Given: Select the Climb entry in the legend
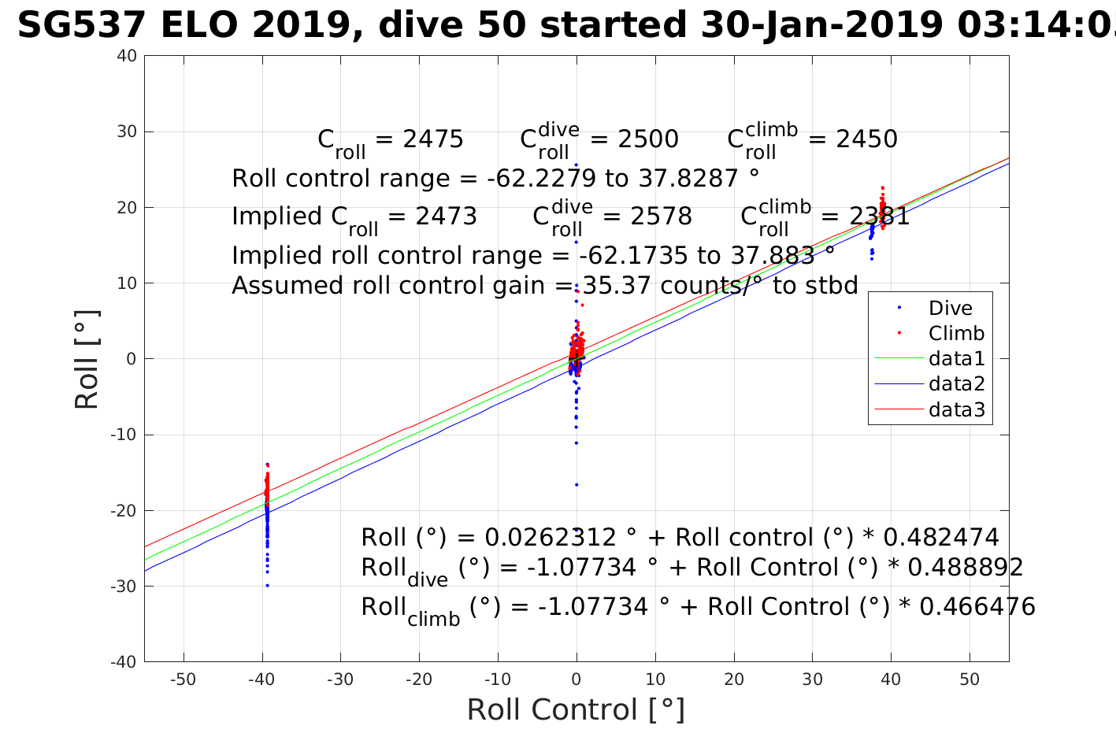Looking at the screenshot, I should (x=956, y=334).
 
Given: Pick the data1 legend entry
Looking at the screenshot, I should (x=956, y=359).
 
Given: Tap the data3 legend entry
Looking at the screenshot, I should (x=956, y=409).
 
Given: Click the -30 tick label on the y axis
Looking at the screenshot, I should (x=124, y=587).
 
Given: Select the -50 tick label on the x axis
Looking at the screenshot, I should (x=183, y=679).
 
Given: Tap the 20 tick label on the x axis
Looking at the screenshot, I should (x=734, y=679).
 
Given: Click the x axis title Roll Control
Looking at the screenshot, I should (x=576, y=709).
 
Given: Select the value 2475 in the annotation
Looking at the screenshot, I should (x=432, y=139).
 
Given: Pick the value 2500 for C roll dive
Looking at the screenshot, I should (x=647, y=139).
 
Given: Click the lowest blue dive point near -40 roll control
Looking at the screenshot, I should (x=267, y=585).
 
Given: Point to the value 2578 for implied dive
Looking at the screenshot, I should (x=661, y=217).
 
